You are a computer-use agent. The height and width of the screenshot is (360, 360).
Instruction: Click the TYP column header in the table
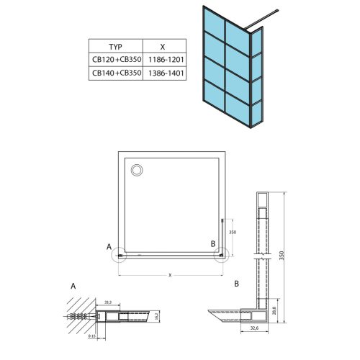(115, 43)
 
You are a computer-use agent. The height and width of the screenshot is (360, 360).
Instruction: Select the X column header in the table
(164, 43)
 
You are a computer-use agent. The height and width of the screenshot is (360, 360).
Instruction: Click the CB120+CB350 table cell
(115, 59)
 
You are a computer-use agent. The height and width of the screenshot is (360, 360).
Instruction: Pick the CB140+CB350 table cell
(115, 73)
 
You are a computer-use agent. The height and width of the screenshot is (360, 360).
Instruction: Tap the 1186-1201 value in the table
(164, 59)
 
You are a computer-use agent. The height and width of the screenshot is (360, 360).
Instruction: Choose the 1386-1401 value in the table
(164, 73)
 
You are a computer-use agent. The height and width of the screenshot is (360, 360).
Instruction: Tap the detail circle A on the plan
(120, 255)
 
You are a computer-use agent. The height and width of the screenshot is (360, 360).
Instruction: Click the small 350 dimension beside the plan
(232, 233)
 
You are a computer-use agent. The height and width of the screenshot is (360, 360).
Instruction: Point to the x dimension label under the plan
(170, 274)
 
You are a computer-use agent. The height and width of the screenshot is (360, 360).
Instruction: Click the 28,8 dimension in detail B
(277, 306)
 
